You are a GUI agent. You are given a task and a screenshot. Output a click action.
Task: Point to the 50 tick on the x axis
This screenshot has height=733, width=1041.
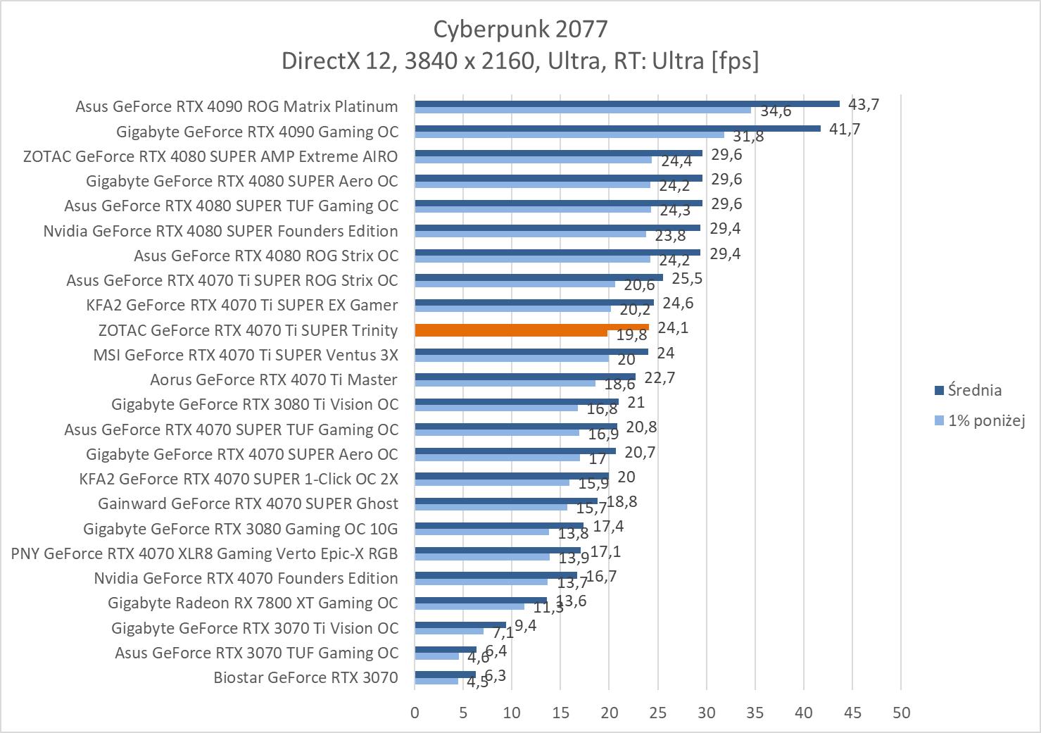tap(901, 713)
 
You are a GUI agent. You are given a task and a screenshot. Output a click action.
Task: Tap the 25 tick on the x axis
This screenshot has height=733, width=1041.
tap(658, 713)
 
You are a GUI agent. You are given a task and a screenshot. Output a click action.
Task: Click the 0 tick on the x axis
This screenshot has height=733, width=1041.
tap(415, 713)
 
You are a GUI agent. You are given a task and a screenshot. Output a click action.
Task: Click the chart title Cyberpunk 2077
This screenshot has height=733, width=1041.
tap(520, 29)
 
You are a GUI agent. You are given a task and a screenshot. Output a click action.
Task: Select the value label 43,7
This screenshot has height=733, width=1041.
tap(864, 104)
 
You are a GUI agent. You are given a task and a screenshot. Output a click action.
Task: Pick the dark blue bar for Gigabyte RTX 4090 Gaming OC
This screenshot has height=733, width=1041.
tap(617, 128)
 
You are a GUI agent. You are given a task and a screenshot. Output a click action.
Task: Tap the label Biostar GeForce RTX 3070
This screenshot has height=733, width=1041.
tap(305, 678)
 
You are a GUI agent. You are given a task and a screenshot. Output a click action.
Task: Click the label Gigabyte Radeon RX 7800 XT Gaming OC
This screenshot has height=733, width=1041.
tap(253, 603)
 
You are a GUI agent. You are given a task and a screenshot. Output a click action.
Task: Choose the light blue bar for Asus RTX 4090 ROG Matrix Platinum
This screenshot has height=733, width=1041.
tap(583, 110)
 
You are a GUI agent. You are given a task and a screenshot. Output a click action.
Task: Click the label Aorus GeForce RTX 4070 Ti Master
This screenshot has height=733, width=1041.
tap(274, 380)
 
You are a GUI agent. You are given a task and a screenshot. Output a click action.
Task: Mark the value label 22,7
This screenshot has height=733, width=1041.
tap(660, 378)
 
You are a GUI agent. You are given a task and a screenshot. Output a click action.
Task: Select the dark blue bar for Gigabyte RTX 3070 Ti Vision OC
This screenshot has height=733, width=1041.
tap(460, 625)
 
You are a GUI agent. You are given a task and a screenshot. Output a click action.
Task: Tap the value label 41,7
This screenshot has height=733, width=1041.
tap(845, 130)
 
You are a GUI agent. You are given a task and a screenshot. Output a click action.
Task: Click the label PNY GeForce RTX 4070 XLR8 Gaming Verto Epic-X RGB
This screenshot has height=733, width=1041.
tap(205, 553)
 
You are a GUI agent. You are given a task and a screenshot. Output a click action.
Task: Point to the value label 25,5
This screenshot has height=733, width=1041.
tap(687, 278)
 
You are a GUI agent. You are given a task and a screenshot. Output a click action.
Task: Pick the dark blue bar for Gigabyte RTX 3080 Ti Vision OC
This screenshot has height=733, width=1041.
tap(517, 401)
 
